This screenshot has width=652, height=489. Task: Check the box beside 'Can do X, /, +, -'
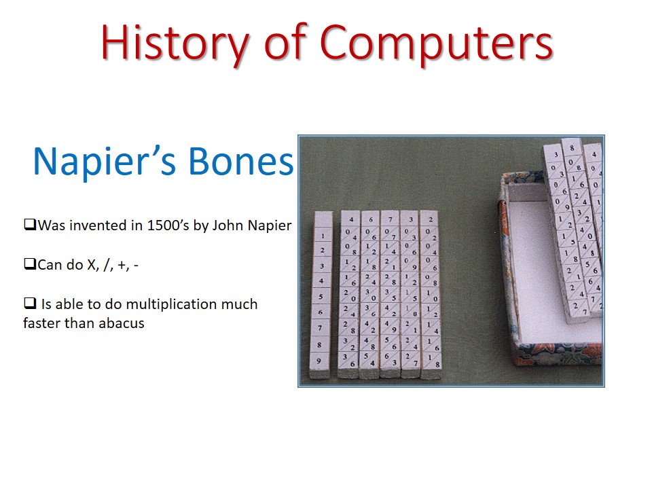pyautogui.click(x=29, y=265)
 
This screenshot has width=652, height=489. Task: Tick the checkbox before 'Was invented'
pyautogui.click(x=29, y=225)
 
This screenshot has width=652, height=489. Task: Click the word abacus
pyautogui.click(x=122, y=323)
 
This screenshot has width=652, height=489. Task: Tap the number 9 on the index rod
pyautogui.click(x=319, y=361)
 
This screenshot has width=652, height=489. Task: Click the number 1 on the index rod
pyautogui.click(x=323, y=236)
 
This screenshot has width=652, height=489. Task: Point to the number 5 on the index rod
pyautogui.click(x=321, y=296)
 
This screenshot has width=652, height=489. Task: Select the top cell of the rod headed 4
pyautogui.click(x=350, y=219)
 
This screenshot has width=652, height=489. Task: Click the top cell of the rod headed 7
pyautogui.click(x=391, y=219)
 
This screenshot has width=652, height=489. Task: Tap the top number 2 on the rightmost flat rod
pyautogui.click(x=430, y=219)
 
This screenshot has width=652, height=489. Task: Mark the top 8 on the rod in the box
pyautogui.click(x=573, y=147)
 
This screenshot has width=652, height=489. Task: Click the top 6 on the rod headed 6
pyautogui.click(x=370, y=219)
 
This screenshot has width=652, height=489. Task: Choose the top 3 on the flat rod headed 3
pyautogui.click(x=410, y=219)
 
